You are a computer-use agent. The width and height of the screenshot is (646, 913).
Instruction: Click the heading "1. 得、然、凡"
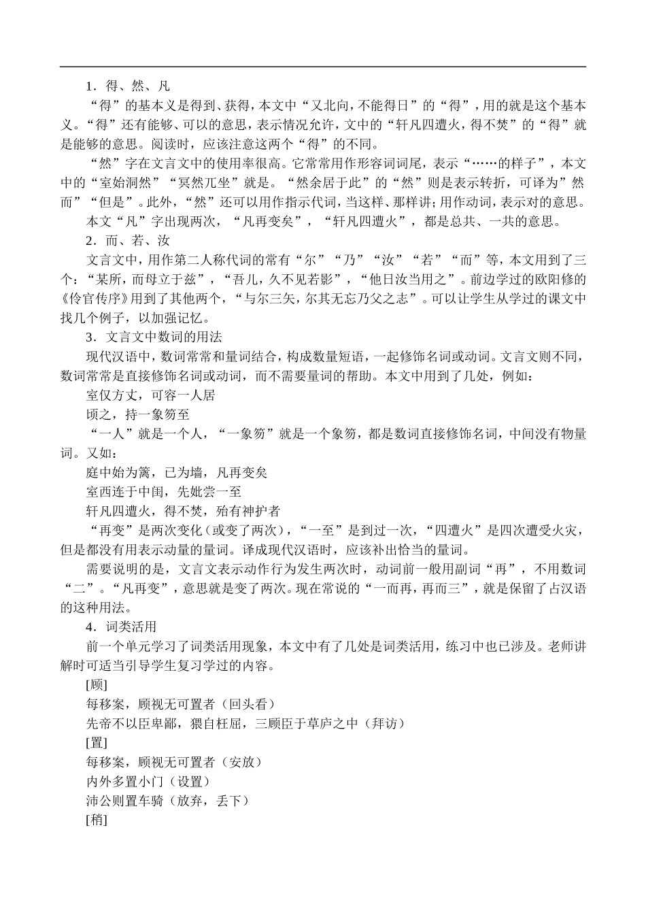point(128,86)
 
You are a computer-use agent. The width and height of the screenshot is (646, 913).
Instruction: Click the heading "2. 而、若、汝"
point(128,240)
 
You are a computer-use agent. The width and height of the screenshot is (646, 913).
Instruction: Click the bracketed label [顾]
point(97,684)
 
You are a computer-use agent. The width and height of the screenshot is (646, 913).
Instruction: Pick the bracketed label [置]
point(97,743)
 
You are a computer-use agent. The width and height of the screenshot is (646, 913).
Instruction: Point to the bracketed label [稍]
point(97,820)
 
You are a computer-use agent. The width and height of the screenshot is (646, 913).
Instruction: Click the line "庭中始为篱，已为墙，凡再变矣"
point(176,472)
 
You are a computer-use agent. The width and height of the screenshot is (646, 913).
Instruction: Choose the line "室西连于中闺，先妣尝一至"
point(163,491)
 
